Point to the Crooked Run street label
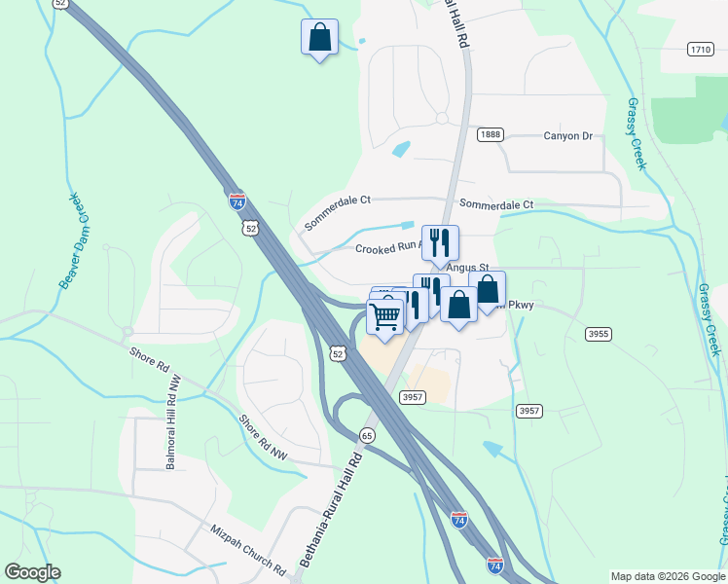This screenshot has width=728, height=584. [387, 248]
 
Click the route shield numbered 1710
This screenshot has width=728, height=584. [700, 49]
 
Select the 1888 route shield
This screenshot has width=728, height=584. [490, 134]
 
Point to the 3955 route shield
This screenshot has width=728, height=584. [599, 334]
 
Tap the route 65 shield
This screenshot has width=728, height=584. [367, 435]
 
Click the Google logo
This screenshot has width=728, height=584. [32, 572]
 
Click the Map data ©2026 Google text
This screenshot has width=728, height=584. [667, 576]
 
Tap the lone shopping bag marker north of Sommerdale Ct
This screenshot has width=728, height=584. [319, 38]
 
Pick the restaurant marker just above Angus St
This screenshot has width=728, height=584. [440, 243]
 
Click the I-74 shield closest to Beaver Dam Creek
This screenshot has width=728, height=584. [237, 201]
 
